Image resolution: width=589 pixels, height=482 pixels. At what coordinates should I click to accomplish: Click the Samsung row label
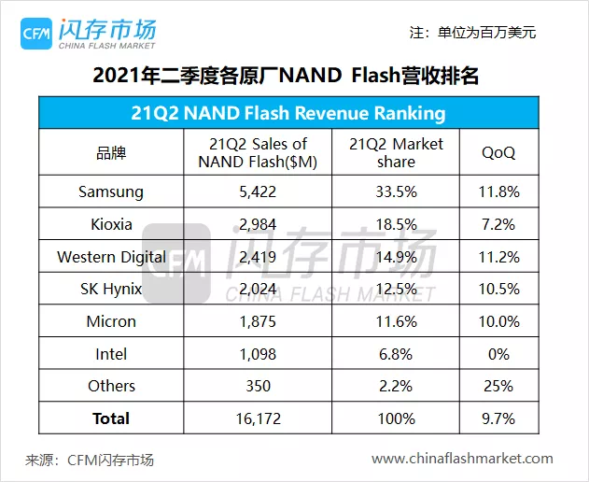point(111,191)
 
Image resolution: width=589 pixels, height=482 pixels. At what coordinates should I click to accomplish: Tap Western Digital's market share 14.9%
point(396,257)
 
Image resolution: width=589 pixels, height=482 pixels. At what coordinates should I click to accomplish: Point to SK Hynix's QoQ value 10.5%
point(498,289)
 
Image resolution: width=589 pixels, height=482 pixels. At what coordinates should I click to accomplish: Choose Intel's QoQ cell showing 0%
point(498,354)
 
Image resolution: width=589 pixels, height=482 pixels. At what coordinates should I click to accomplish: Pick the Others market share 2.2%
point(396,386)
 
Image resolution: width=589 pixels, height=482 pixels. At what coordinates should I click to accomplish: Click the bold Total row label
point(111,418)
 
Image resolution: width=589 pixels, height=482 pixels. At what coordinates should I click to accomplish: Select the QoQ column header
point(498,152)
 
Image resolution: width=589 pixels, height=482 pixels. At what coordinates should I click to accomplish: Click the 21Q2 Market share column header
point(396,152)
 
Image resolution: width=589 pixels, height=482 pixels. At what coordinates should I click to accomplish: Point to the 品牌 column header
point(111,152)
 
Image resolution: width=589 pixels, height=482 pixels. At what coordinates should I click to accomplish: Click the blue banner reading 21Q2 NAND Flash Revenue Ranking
point(287,114)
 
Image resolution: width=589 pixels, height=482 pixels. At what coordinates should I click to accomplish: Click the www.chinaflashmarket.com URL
point(462,459)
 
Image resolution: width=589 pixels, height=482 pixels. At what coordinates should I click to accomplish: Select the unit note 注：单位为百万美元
point(472,33)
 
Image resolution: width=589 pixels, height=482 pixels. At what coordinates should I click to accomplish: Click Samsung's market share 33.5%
point(396,191)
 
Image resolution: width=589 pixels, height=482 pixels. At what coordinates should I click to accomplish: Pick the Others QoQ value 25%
point(498,386)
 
